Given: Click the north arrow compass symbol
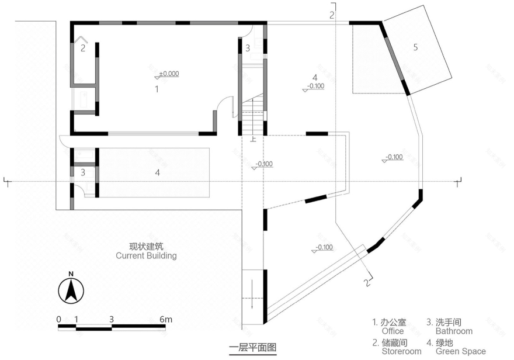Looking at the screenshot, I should (x=70, y=289).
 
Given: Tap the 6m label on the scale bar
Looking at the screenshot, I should (x=166, y=319).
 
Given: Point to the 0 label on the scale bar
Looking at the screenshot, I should (x=59, y=319).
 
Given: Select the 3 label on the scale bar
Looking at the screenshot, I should (x=112, y=319).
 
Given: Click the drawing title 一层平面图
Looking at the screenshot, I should (x=252, y=348).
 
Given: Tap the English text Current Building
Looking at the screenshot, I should (x=146, y=256).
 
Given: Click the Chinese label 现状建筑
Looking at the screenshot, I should (x=146, y=246).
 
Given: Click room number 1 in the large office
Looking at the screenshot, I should (x=157, y=89).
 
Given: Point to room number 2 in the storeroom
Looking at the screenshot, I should (x=83, y=48).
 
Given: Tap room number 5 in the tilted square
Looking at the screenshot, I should (x=415, y=47).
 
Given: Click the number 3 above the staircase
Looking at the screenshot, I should (x=247, y=48).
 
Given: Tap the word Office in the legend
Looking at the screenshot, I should (x=393, y=331).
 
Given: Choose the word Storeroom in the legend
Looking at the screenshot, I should (x=401, y=351).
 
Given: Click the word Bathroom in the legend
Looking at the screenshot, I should (x=454, y=331).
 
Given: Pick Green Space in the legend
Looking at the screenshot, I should (x=460, y=351).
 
